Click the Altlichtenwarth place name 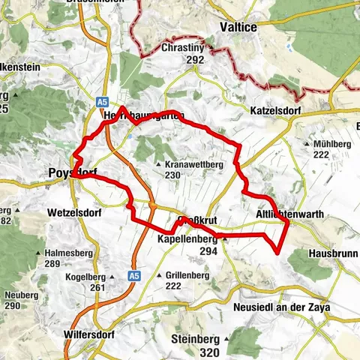[x=290, y=214]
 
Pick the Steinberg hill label [x=199, y=339]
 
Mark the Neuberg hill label [x=23, y=295]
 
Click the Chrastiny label [x=184, y=47]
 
